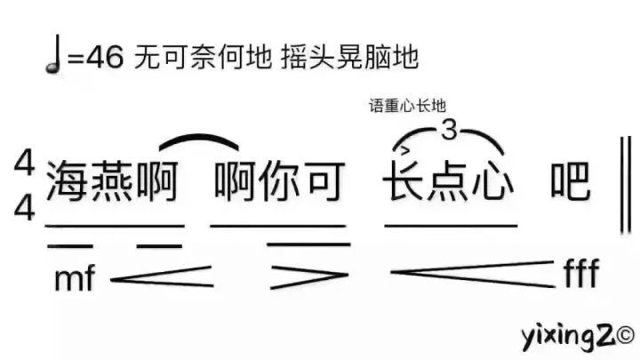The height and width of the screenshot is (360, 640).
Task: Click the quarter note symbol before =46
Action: [53, 54]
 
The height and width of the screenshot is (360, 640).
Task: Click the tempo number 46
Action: [105, 56]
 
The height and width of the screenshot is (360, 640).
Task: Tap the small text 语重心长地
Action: [407, 106]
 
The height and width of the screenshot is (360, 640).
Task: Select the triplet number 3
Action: [449, 130]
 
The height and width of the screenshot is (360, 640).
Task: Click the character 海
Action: [68, 181]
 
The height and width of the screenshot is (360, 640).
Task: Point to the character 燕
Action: [112, 181]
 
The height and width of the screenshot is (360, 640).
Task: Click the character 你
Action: [280, 181]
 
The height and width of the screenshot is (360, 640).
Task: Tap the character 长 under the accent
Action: [404, 180]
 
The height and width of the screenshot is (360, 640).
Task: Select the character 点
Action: [448, 180]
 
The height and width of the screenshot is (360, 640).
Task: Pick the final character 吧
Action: [570, 180]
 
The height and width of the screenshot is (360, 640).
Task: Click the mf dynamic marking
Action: [75, 277]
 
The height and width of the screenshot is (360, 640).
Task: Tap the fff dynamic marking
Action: [581, 272]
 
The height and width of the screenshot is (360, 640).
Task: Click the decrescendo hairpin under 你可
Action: [309, 276]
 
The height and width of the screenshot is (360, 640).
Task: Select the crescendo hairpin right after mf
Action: [162, 276]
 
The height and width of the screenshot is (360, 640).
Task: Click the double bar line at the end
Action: [626, 185]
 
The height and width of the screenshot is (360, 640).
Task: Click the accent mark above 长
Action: [404, 150]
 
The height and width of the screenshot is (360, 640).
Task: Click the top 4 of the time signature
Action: [24, 163]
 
